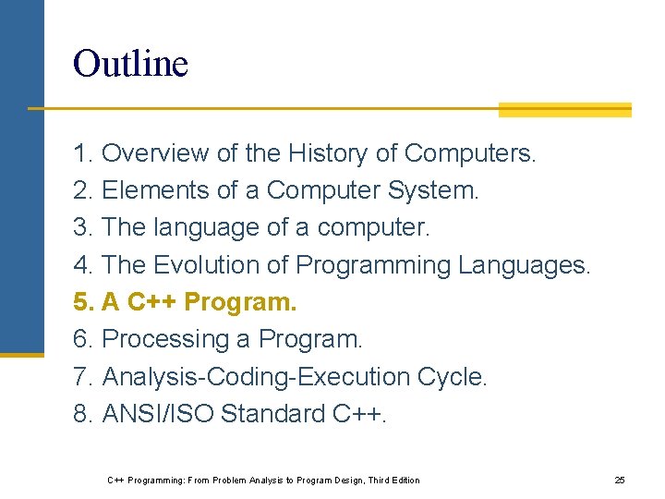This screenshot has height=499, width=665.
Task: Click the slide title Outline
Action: pyautogui.click(x=130, y=64)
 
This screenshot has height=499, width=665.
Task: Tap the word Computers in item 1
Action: pyautogui.click(x=469, y=153)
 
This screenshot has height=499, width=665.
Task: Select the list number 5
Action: pyautogui.click(x=83, y=302)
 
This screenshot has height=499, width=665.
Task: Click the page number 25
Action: pyautogui.click(x=620, y=481)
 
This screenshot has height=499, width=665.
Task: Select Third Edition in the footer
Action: pyautogui.click(x=393, y=481)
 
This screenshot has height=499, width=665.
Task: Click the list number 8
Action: pyautogui.click(x=83, y=414)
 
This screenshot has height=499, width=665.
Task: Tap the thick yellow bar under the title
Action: pyautogui.click(x=564, y=110)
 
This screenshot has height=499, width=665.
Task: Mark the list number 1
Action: pyautogui.click(x=83, y=153)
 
